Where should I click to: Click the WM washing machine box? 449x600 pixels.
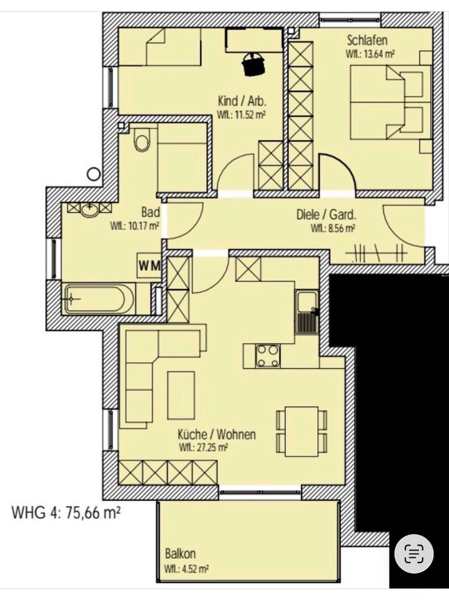[149, 266]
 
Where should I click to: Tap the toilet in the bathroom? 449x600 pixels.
[141, 141]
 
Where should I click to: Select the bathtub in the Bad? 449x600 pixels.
[99, 299]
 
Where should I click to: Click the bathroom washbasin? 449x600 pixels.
[89, 208]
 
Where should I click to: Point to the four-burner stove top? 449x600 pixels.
[268, 356]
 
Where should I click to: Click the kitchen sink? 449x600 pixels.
[307, 312]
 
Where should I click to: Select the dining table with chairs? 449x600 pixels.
[302, 431]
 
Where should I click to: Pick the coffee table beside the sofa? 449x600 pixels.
[181, 395]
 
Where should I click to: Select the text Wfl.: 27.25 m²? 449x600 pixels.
[203, 447]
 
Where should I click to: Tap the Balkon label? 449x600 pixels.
[181, 554]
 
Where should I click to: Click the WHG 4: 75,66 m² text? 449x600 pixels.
[66, 514]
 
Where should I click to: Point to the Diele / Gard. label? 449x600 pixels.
[326, 214]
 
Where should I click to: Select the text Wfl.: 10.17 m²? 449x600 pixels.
[134, 227]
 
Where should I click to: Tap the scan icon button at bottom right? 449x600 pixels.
[414, 553]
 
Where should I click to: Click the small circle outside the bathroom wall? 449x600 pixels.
[94, 174]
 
